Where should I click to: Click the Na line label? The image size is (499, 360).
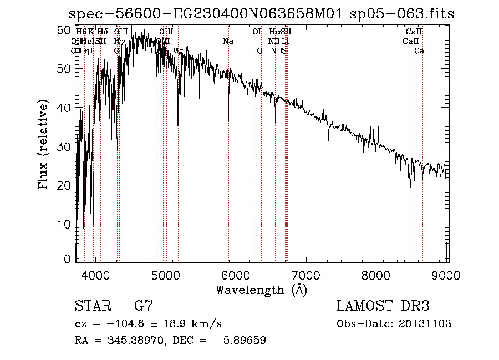228,42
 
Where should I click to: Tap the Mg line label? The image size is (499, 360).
177,51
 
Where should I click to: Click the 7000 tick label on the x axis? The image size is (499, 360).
307,273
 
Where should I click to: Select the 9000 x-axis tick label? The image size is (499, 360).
447,273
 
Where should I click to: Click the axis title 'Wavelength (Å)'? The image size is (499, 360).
261,290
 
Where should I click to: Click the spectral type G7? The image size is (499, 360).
143,306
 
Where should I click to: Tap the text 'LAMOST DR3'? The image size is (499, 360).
383,306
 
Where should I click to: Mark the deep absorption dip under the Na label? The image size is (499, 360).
228,119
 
